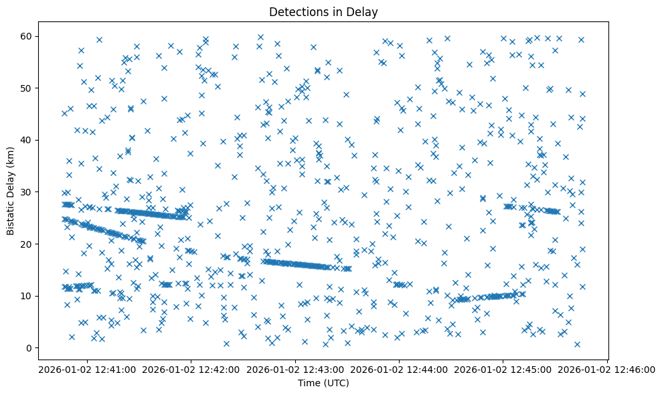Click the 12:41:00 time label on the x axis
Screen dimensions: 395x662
(x=87, y=369)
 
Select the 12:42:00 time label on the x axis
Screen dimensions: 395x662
(x=191, y=369)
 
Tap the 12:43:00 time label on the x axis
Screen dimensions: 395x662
(x=295, y=369)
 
